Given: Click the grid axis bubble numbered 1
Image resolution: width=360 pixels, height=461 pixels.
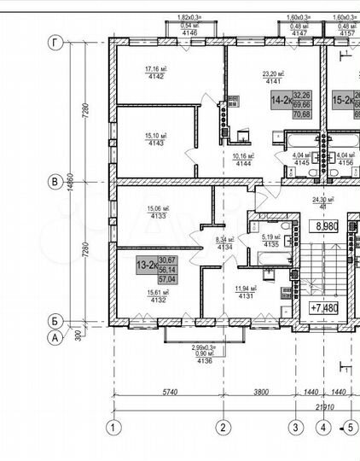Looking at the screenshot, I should tap(110, 428).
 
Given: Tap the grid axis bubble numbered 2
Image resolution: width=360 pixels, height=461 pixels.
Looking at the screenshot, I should tap(222, 428).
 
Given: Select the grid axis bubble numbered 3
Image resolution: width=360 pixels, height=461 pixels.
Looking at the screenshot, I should tap(295, 428).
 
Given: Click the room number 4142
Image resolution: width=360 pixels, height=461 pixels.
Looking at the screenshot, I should tap(154, 76).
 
